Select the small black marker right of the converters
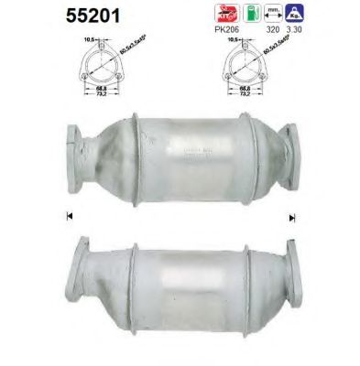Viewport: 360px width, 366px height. tap(291, 218)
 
